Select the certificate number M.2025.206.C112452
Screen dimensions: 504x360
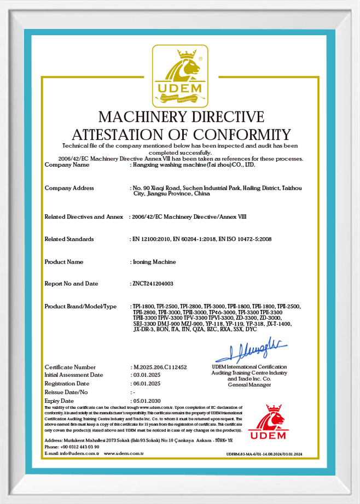[160, 367]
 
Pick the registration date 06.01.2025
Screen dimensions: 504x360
[146, 384]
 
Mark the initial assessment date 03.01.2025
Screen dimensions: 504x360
[146, 376]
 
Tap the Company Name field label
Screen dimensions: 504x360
[66, 164]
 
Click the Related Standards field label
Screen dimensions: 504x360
[69, 239]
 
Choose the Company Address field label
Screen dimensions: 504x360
[69, 188]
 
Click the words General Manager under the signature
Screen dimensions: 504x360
[249, 385]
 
